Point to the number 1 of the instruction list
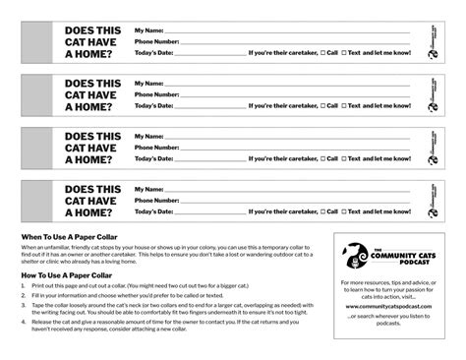pos(25,288)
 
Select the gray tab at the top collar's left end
pos(35,41)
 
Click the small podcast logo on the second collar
pos(433,93)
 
